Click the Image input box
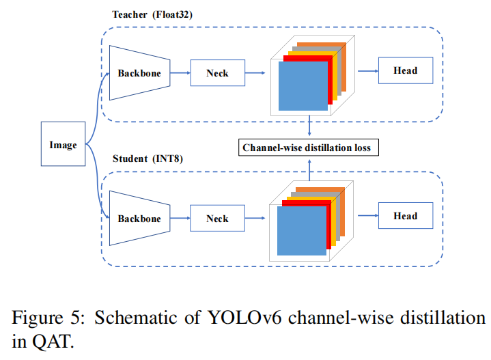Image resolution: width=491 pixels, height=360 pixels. [x=63, y=144]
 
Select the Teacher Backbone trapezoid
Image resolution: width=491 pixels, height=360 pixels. [x=140, y=73]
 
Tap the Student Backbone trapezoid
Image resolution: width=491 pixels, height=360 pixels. [x=140, y=219]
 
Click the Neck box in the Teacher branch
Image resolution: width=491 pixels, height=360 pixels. [x=218, y=73]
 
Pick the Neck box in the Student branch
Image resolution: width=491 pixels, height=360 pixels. [x=217, y=219]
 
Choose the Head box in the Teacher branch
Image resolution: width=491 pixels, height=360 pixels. [x=406, y=70]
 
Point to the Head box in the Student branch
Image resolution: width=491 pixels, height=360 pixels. [x=406, y=216]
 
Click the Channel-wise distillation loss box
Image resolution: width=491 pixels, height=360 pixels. [x=309, y=148]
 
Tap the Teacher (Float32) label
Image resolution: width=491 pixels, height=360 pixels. [x=152, y=15]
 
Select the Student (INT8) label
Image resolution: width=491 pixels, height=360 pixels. [x=148, y=158]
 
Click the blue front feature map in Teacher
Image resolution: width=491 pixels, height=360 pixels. [x=303, y=86]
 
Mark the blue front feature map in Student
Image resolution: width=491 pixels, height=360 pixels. [x=302, y=231]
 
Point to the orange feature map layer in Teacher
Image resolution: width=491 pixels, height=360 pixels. [x=343, y=68]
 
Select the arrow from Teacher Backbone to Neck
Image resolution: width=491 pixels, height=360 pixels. [x=180, y=73]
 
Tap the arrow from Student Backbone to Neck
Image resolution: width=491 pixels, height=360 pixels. [x=180, y=218]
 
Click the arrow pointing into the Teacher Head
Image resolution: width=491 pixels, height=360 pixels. [x=368, y=71]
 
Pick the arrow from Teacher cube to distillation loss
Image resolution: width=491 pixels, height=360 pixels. [x=309, y=125]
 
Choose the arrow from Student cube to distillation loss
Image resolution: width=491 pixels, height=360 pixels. [x=309, y=170]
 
